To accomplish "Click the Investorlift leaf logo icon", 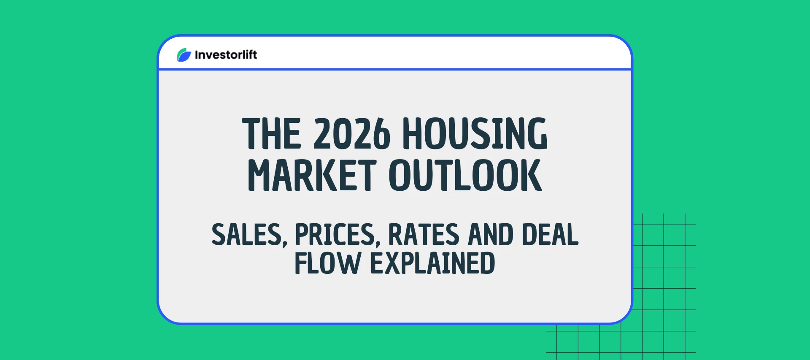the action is (x=184, y=55).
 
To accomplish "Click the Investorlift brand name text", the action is (x=226, y=55).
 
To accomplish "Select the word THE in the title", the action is (x=271, y=134).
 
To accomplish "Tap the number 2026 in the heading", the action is (x=352, y=134).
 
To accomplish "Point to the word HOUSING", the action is (x=475, y=134).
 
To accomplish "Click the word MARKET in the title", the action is (x=312, y=175).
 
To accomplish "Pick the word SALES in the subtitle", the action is (x=246, y=235).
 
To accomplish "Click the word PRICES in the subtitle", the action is (x=335, y=235).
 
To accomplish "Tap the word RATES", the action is (x=424, y=235).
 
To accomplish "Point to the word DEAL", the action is (x=550, y=235).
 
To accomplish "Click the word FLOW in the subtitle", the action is (x=328, y=263).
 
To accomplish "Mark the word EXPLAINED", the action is (x=432, y=263).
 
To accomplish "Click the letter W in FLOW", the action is (x=350, y=263).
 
